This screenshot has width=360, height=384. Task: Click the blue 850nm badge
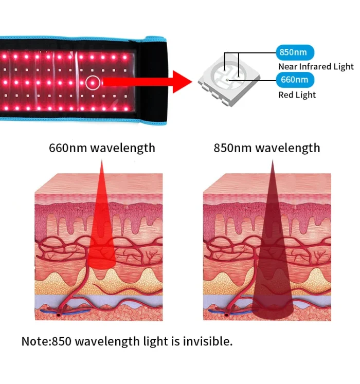tap(295, 52)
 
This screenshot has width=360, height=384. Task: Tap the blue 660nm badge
tap(295, 80)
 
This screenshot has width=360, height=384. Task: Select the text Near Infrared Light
tap(316, 66)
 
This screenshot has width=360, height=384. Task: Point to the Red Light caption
tap(297, 95)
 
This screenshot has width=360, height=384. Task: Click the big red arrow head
tap(182, 82)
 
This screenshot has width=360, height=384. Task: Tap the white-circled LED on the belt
tap(93, 83)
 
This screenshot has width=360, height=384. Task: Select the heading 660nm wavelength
tap(102, 148)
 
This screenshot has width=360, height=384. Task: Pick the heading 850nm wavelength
tap(266, 148)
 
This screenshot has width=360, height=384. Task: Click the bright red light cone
tap(101, 233)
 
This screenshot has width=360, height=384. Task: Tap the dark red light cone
tap(272, 257)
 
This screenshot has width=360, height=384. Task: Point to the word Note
tap(35, 341)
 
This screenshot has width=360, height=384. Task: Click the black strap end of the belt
tap(151, 80)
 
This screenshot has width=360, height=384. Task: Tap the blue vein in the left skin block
tap(65, 311)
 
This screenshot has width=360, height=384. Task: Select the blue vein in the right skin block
tap(230, 312)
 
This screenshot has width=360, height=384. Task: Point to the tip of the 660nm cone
tap(102, 160)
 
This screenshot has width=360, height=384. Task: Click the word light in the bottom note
tap(155, 342)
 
